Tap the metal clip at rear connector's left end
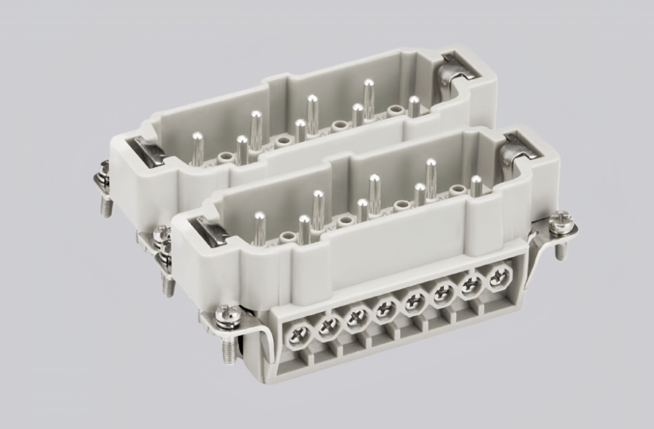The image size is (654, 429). (148, 148)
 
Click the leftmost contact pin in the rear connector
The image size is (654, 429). (197, 147)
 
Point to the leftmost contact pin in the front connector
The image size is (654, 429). (260, 226)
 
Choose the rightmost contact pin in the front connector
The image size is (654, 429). (476, 186)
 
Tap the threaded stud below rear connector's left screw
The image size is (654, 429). (105, 206)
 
